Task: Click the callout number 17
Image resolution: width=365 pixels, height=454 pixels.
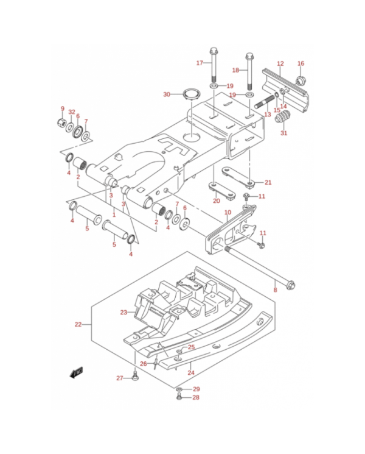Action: click(199, 63)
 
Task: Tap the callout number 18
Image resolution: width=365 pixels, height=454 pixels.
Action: click(235, 70)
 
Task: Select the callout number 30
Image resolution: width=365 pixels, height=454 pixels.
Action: click(167, 94)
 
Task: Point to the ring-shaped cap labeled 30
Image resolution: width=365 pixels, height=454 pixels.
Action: click(190, 94)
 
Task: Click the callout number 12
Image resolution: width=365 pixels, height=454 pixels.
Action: click(280, 63)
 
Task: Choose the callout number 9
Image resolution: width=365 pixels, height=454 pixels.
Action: click(62, 108)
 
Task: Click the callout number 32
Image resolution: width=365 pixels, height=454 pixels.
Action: click(71, 112)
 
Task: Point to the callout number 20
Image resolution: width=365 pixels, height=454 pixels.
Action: click(216, 200)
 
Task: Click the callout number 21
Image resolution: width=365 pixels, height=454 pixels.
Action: click(268, 182)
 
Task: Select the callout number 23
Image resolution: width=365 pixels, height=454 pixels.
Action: click(123, 313)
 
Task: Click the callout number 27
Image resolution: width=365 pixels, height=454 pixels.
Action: click(120, 378)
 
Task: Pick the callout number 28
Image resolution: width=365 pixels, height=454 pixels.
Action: click(196, 398)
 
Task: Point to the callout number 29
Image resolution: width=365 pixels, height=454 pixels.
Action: click(196, 389)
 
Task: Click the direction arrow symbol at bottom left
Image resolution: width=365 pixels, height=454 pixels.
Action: click(77, 371)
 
